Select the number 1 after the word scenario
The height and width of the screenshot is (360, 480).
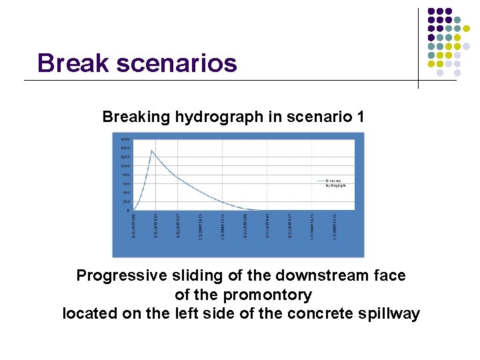point(360,117)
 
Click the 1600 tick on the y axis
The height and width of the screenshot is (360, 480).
point(125,139)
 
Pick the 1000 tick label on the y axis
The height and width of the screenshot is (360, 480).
point(125,166)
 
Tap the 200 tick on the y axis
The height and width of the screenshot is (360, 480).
point(126,201)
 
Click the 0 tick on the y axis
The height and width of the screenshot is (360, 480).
point(128,210)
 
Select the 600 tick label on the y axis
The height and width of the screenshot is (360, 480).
point(126,183)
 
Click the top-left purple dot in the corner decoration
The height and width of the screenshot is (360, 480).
point(431,11)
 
